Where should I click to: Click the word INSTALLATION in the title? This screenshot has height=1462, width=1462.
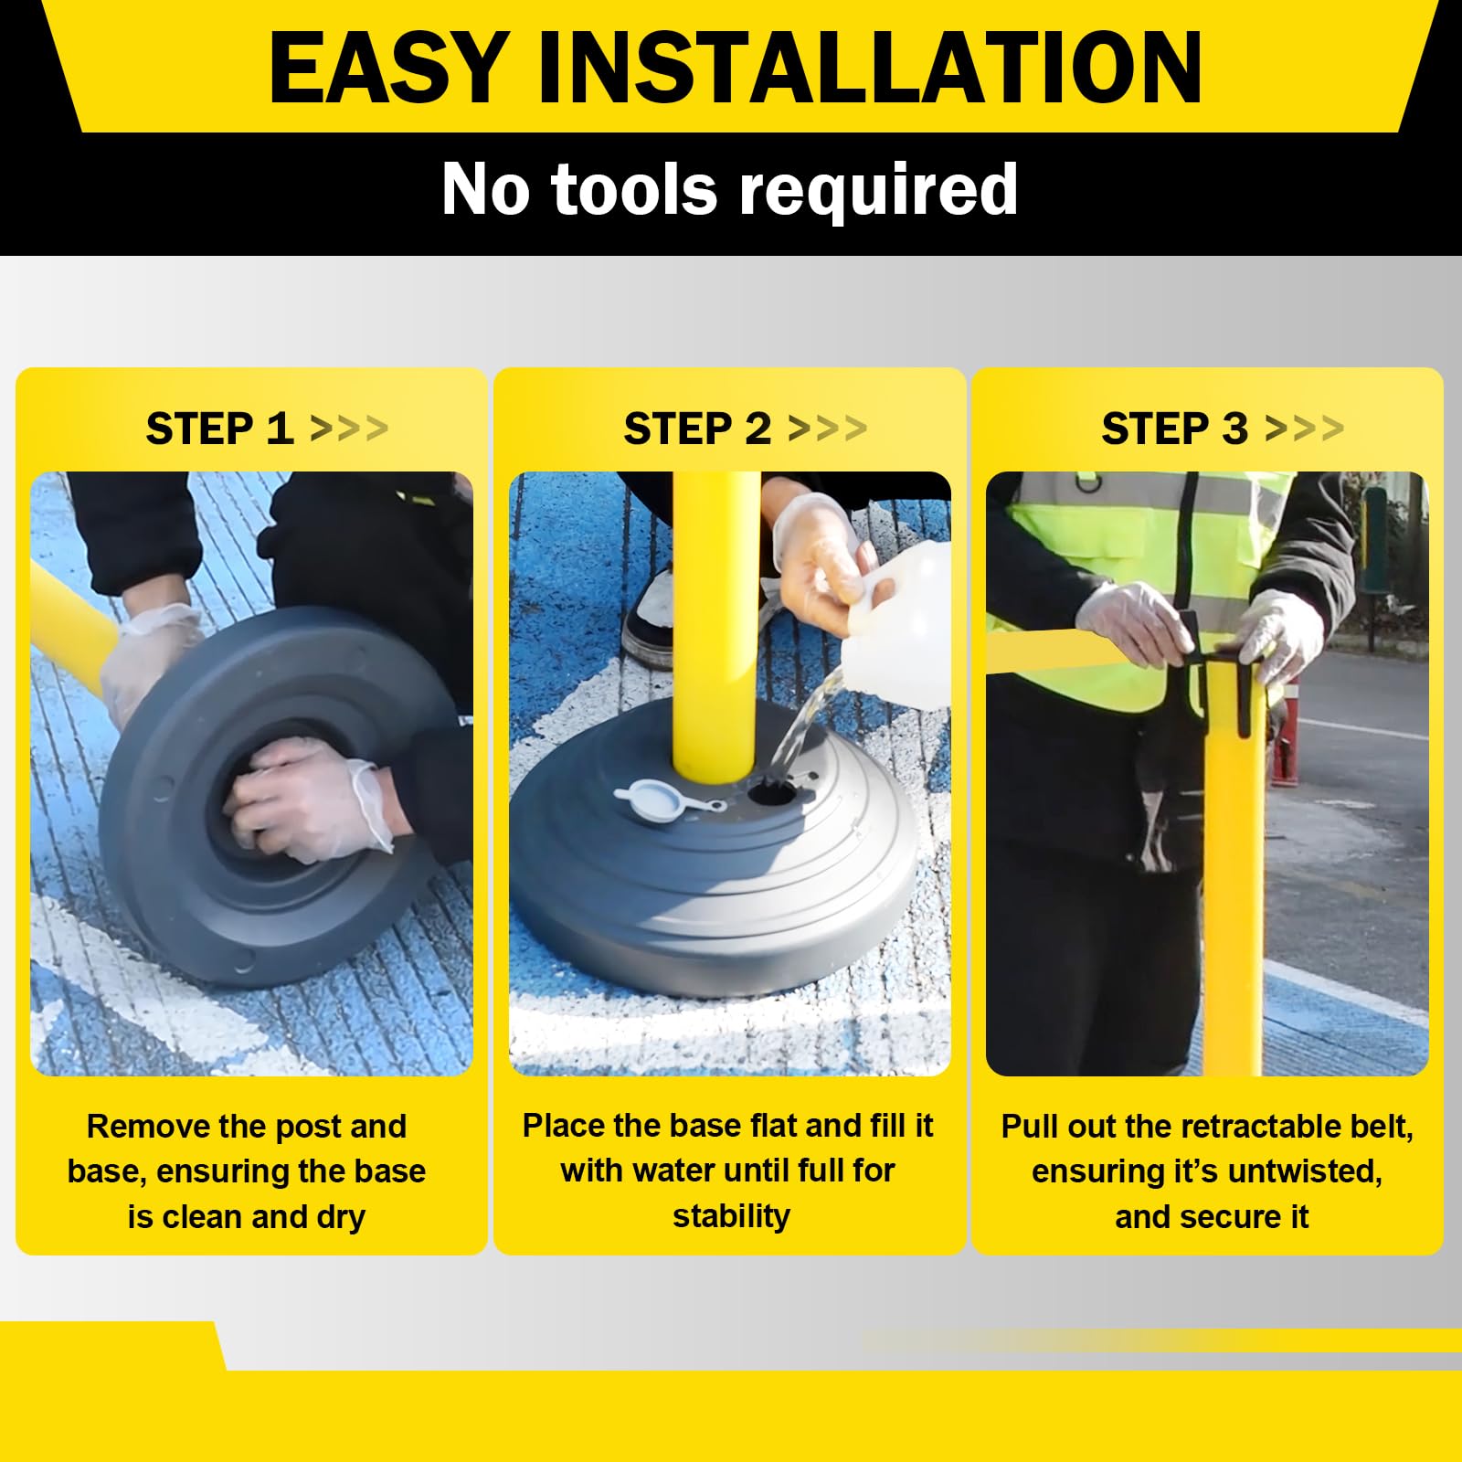coord(870,68)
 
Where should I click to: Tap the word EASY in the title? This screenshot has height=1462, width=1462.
coord(388,68)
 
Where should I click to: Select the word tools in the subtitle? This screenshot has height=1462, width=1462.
coord(634,190)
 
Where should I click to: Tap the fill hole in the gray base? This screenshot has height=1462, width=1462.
coord(771,792)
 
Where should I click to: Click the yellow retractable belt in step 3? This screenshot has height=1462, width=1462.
coord(1078,652)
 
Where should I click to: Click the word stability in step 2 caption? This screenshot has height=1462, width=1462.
coord(731,1217)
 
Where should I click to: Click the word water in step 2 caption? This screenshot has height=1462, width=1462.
coord(677,1171)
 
